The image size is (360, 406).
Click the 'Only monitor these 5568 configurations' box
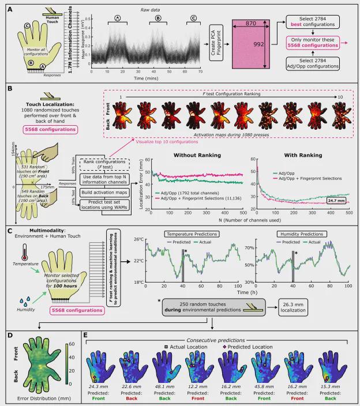317,42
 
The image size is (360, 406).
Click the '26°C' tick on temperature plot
137,239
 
